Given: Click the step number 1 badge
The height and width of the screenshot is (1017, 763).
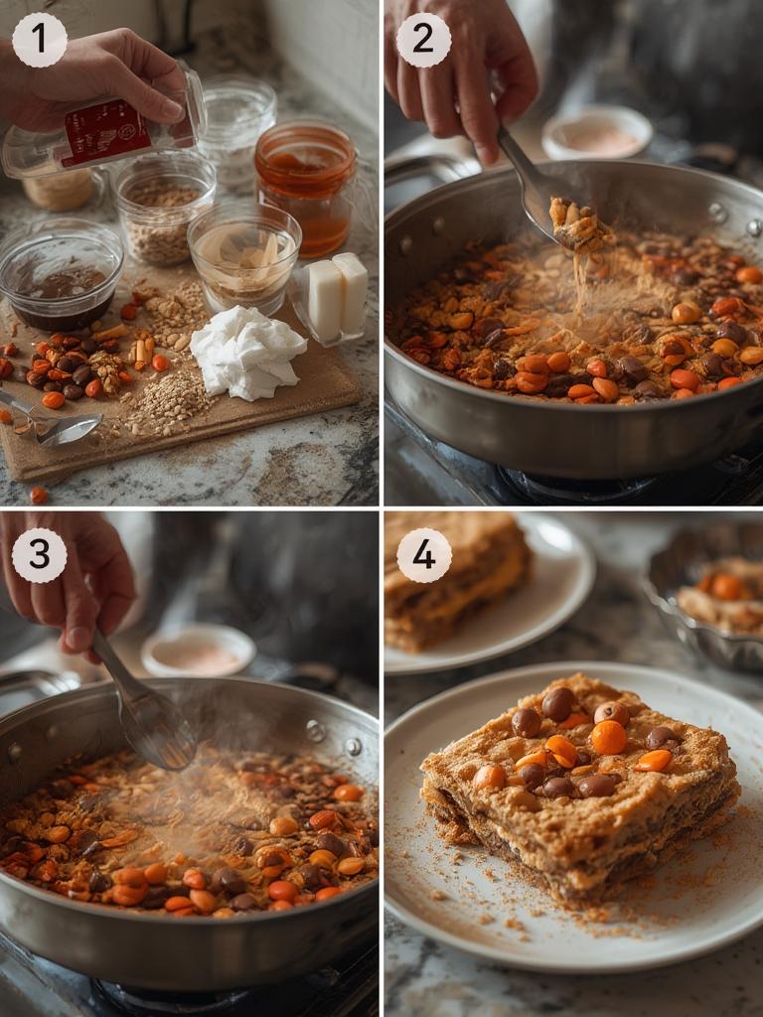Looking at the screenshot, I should tap(40, 40).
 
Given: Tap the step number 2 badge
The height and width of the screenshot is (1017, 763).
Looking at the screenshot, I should tap(423, 40).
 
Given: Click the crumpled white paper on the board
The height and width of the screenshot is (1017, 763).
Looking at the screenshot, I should tap(246, 353).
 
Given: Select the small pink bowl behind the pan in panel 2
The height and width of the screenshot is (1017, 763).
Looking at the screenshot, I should tap(597, 133).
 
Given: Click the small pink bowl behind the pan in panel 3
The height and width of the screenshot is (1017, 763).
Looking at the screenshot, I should tap(198, 651).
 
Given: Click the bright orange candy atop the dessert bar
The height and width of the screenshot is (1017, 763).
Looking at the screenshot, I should tap(608, 737).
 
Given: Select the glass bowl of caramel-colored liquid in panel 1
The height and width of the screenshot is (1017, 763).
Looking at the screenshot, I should tap(244, 256).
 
